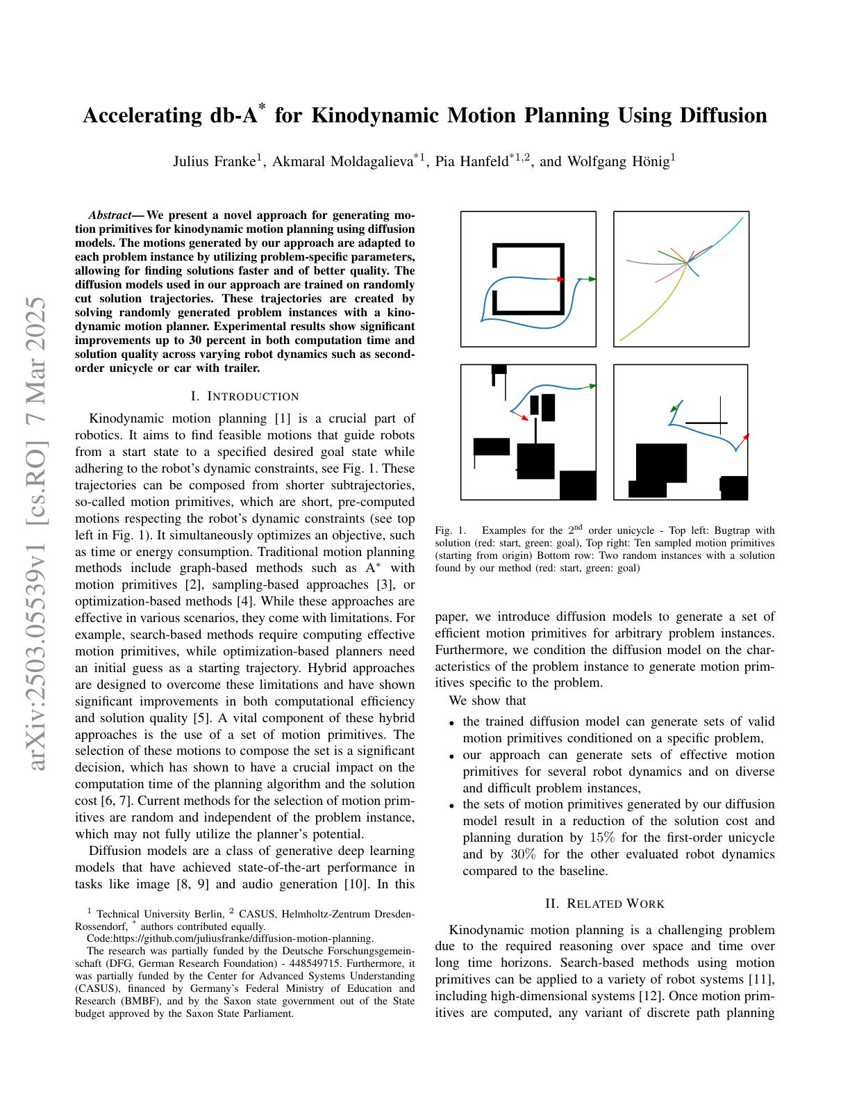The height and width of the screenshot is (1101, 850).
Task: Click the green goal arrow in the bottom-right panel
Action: point(674,409)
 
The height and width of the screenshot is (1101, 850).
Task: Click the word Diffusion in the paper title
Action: point(722,115)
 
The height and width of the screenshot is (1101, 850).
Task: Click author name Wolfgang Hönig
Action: point(618,162)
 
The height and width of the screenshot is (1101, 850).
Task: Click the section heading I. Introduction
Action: point(244,397)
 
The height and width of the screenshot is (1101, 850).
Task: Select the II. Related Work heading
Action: point(605,904)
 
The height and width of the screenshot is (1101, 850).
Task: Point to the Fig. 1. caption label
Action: point(450,530)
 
